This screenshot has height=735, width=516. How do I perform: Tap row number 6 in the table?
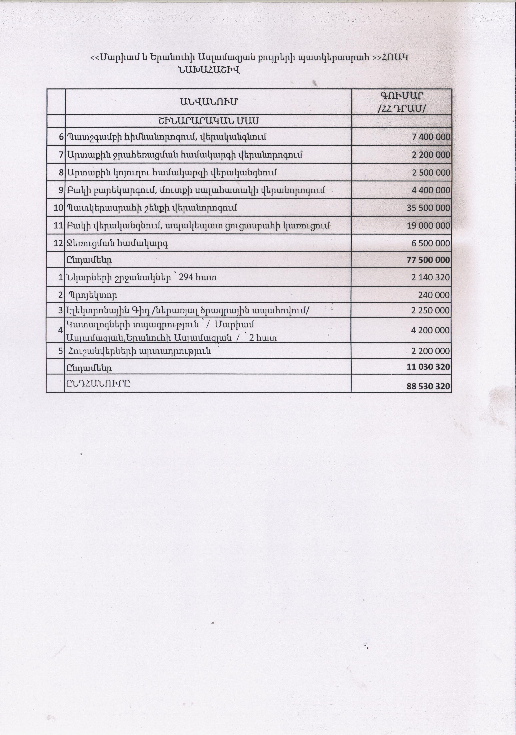[61, 137]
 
